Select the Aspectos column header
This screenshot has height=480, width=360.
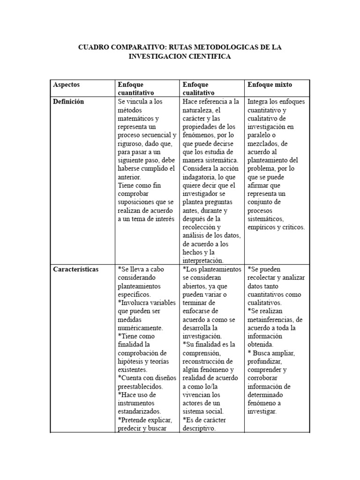(x=66, y=85)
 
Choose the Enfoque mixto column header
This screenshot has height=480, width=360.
(x=270, y=85)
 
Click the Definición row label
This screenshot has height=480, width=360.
(x=68, y=102)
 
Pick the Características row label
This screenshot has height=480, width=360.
(x=76, y=270)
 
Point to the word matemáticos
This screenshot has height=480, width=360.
(x=135, y=119)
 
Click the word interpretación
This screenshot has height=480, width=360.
(x=203, y=261)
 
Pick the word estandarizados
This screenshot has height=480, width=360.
(x=140, y=412)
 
